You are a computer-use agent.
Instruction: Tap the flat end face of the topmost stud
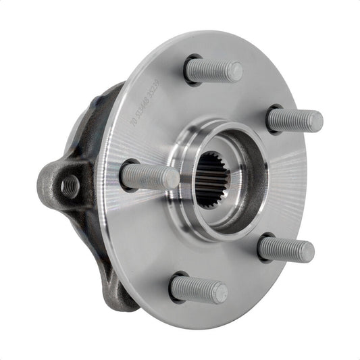(x=234, y=70)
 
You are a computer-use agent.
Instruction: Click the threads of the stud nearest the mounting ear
(x=145, y=177)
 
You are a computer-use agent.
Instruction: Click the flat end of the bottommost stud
(x=220, y=292)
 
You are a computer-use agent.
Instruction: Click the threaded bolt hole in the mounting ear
(x=69, y=185)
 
